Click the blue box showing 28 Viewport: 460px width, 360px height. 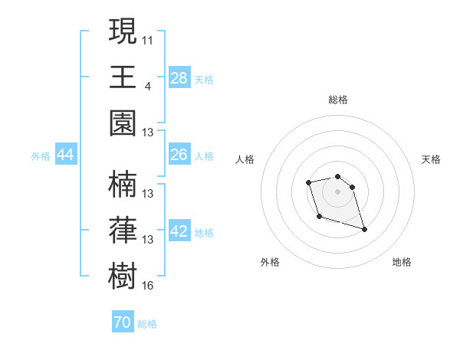pos(179,78)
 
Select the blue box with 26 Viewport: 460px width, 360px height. pos(179,155)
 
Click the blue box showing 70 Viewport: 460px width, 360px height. pos(123,323)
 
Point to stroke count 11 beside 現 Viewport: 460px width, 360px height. pos(148,39)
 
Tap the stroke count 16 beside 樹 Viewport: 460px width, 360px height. pos(148,286)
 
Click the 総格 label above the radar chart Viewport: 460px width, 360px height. pos(337,100)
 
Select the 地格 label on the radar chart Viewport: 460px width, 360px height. pos(402,263)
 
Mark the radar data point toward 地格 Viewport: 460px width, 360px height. pos(364,229)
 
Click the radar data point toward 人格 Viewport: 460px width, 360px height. pos(308,182)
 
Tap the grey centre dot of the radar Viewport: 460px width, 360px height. pos(337,191)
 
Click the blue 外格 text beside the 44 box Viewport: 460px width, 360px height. pos(40,156)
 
